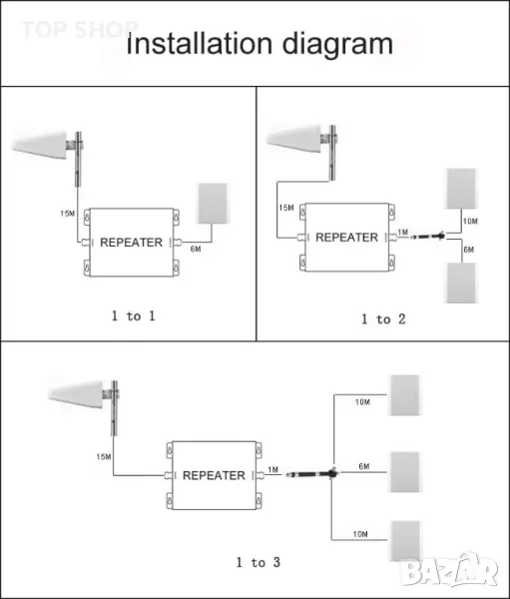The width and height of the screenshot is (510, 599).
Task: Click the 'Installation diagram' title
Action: point(259,44)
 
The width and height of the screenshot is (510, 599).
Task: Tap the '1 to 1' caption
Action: point(134,315)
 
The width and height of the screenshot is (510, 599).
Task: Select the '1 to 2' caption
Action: point(383,319)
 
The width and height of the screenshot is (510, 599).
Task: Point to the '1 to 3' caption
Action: point(258,562)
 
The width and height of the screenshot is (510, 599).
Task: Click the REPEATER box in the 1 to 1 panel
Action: point(132,243)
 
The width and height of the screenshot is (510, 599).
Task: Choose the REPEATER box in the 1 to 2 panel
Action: point(347,238)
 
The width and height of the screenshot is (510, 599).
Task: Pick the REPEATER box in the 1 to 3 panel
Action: point(214,475)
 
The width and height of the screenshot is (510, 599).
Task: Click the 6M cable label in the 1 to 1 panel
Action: point(196,249)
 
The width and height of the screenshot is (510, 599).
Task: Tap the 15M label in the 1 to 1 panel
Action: point(67,214)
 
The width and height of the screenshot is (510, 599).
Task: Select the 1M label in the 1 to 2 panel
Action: point(403,232)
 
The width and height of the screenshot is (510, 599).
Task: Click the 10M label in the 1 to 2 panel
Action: point(470,222)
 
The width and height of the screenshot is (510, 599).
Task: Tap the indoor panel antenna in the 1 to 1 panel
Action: point(213,204)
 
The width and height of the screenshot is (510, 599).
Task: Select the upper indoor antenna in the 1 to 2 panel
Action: point(461,189)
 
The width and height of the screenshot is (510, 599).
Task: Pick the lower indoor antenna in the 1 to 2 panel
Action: point(461,283)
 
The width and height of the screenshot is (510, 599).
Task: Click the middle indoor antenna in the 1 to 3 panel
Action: point(404,472)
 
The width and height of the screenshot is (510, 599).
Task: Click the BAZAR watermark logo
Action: point(449,570)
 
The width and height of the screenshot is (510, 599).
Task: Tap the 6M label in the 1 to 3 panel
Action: point(364,466)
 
